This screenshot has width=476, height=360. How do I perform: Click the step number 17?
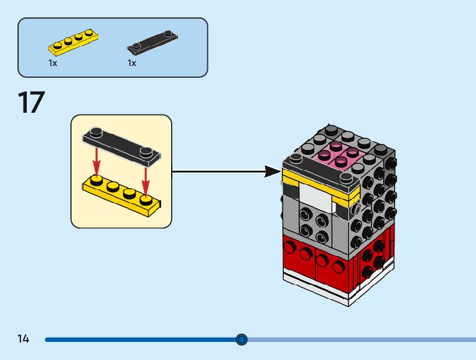tap(31, 103)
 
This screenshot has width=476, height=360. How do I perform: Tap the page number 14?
tap(24, 339)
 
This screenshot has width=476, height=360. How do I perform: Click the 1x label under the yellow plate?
tap(53, 63)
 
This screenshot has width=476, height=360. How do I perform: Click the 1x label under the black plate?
tap(132, 63)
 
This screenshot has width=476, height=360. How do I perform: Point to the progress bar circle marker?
tap(241, 339)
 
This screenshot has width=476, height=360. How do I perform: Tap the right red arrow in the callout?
tap(146, 178)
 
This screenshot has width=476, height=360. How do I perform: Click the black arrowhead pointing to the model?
tap(272, 171)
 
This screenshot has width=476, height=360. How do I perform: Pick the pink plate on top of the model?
tap(340, 156)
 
